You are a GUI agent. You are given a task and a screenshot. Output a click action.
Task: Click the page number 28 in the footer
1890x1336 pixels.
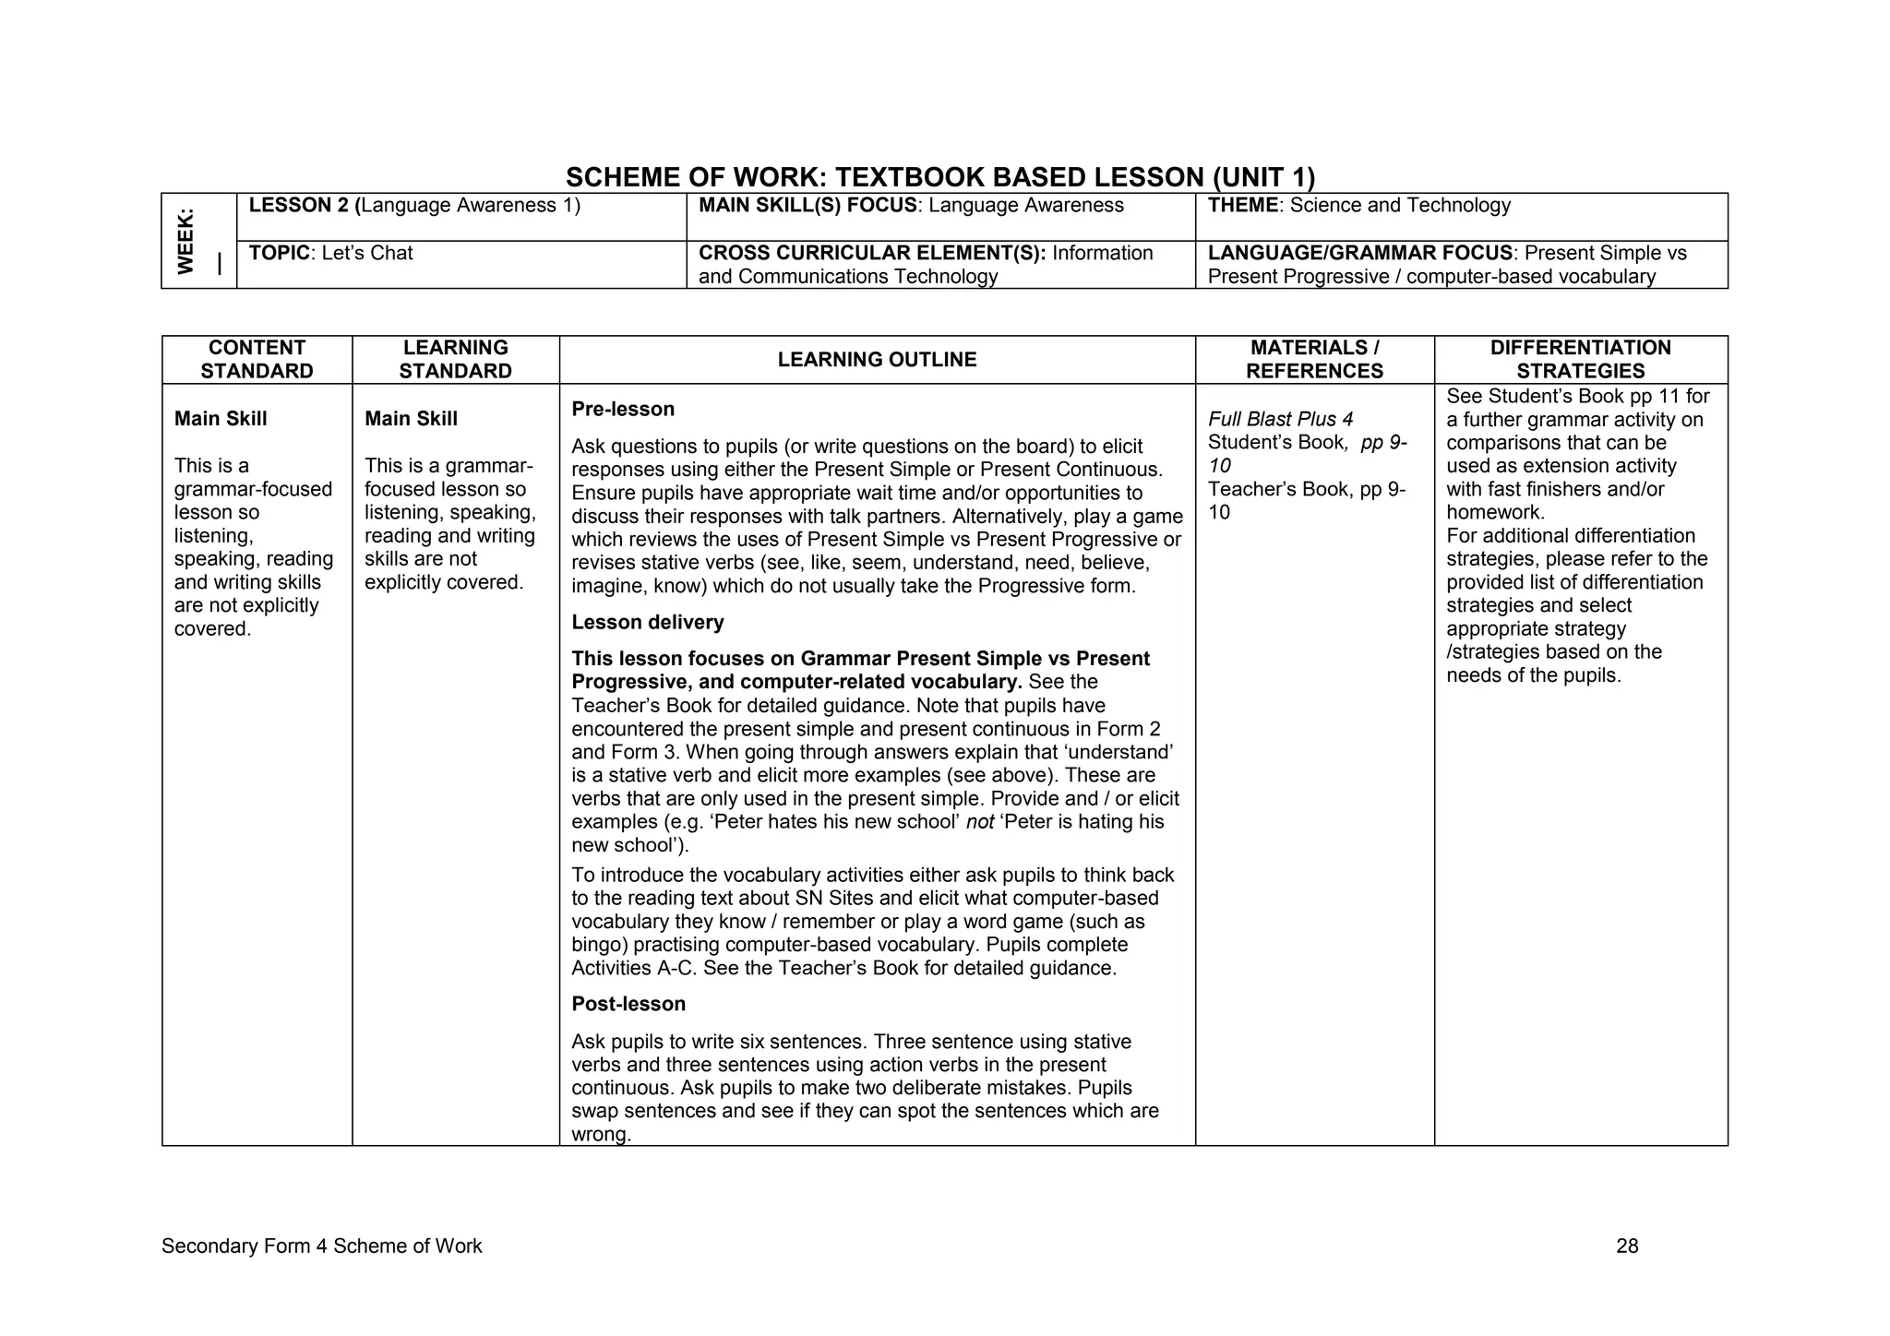tap(1627, 1247)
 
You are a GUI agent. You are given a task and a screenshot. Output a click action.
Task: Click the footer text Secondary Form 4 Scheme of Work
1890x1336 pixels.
tap(321, 1247)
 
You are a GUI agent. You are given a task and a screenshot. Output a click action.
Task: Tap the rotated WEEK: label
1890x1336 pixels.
tap(186, 241)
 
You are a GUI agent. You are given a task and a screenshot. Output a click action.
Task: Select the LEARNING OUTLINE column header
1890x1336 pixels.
tap(877, 360)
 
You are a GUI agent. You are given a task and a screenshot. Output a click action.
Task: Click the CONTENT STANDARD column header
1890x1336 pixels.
tap(257, 360)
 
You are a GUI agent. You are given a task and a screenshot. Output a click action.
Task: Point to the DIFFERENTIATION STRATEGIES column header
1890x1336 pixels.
tap(1580, 360)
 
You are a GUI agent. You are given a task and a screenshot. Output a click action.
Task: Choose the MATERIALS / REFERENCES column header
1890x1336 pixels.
tap(1314, 360)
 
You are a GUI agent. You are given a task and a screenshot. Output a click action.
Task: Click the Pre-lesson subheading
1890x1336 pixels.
tap(623, 409)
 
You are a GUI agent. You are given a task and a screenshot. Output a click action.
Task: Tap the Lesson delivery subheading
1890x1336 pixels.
tap(647, 623)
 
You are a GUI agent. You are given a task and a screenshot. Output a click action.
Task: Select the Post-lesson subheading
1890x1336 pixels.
tap(628, 1004)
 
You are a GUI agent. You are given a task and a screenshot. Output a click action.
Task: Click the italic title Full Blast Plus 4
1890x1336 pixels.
tap(1280, 419)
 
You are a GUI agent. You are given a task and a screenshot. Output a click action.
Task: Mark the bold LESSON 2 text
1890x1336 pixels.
tap(298, 205)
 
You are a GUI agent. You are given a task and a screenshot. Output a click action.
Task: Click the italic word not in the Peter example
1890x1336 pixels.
tap(979, 822)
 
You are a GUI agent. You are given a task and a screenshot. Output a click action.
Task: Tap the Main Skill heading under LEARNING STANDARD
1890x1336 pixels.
tap(411, 419)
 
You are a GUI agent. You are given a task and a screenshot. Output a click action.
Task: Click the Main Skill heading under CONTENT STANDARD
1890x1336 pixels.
tap(221, 419)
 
